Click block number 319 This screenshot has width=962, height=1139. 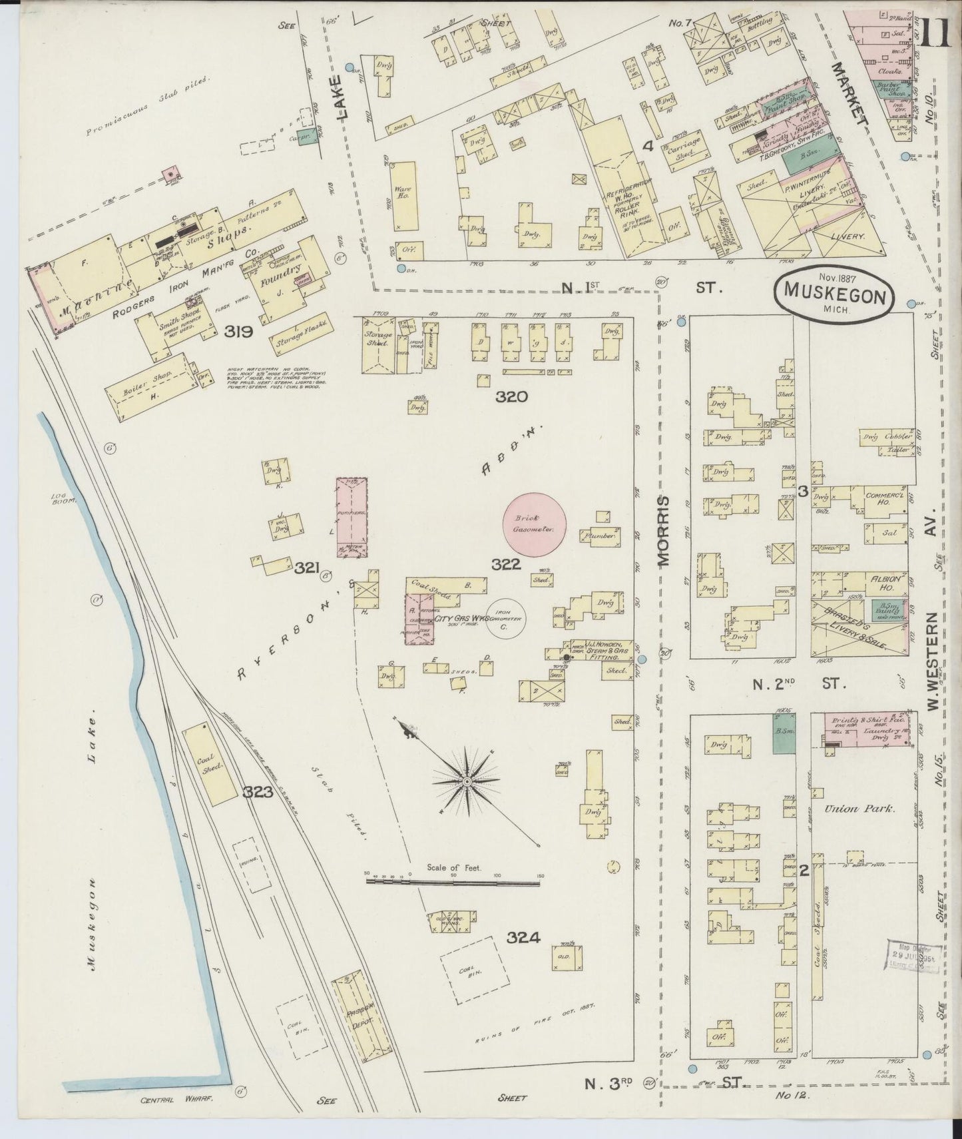coord(238,331)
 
